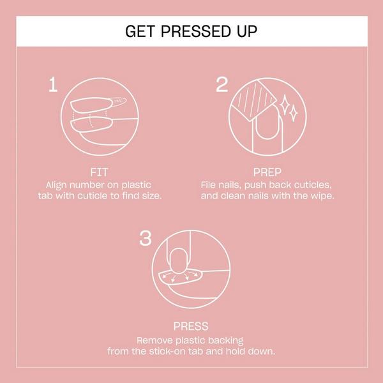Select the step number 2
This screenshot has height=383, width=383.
pos(223,85)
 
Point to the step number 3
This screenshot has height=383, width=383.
pos(145,239)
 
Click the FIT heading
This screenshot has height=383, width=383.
pos(98,171)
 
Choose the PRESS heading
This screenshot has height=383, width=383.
pos(190,326)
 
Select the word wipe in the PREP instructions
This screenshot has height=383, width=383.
pos(321,195)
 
